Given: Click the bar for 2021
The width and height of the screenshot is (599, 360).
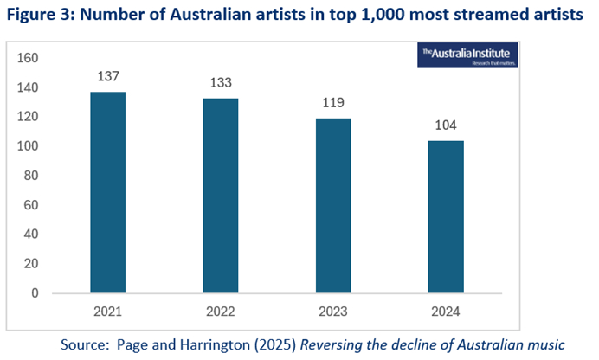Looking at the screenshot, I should click(108, 192).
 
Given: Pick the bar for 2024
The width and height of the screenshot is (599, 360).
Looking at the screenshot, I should click(446, 216).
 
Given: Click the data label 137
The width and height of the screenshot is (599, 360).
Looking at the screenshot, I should click(108, 76).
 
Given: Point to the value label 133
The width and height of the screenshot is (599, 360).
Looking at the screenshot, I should click(221, 83).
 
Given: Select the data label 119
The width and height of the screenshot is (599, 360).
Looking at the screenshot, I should click(333, 102).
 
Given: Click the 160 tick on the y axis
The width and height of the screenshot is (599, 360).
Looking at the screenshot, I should click(29, 58).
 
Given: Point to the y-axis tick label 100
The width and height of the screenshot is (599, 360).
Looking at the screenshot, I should click(29, 146).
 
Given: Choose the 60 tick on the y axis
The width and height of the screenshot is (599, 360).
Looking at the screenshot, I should click(32, 205).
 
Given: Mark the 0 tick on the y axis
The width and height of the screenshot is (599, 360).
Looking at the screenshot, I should click(35, 293).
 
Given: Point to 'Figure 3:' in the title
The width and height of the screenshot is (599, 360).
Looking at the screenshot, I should click(43, 16).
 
